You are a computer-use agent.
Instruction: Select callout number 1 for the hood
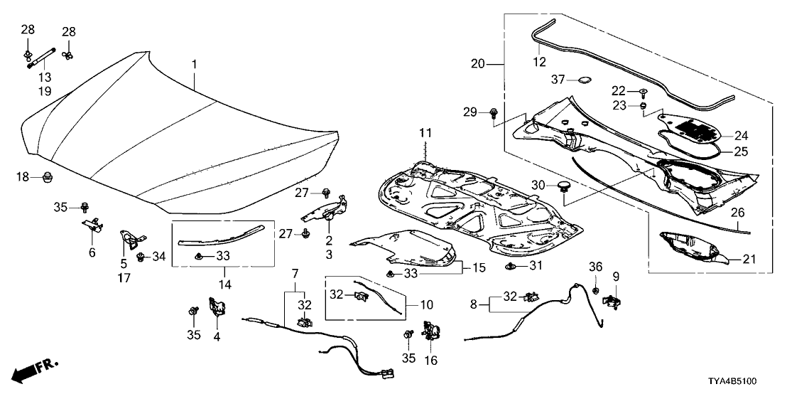pyautogui.click(x=193, y=65)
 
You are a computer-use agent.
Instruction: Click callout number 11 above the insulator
pyautogui.click(x=425, y=133)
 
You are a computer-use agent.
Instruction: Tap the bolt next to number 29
pyautogui.click(x=494, y=112)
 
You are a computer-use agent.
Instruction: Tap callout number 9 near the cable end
pyautogui.click(x=616, y=276)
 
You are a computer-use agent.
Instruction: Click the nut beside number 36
pyautogui.click(x=595, y=292)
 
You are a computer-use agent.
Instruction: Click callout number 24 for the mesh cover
pyautogui.click(x=742, y=135)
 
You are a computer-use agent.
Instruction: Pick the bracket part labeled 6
pyautogui.click(x=90, y=225)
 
